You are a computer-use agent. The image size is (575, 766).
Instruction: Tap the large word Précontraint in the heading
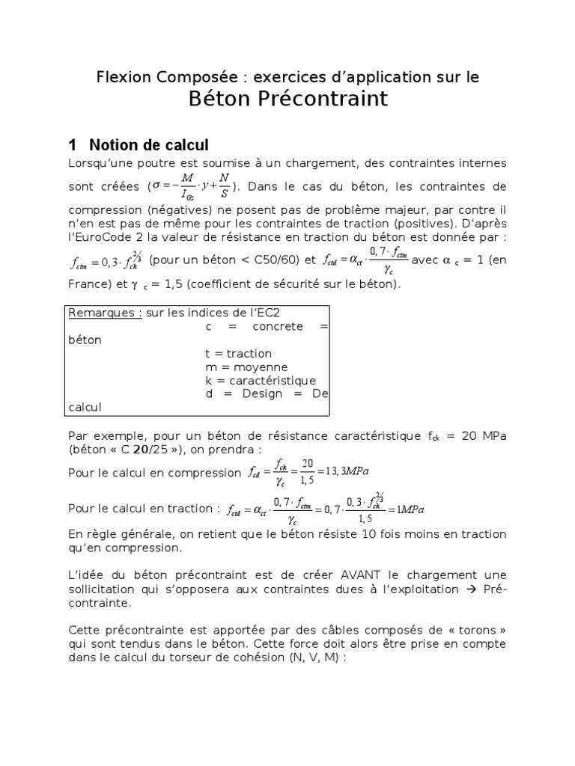(326, 99)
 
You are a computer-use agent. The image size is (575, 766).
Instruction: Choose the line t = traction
(238, 353)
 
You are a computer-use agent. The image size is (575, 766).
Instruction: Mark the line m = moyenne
(246, 367)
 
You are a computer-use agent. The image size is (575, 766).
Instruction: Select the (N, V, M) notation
(318, 657)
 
